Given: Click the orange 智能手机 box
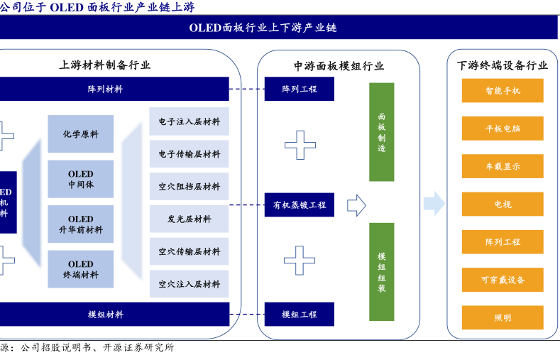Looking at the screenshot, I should [503, 91].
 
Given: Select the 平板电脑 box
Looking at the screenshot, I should [503, 129].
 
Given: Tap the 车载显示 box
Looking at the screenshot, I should [503, 166].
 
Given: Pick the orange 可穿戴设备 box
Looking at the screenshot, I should [503, 280].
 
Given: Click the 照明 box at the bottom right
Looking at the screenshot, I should [503, 317].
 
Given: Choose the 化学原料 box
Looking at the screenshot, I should [80, 133].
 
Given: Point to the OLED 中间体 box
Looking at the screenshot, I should [80, 179].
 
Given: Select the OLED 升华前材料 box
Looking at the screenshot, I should [80, 224].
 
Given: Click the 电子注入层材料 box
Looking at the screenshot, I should [189, 121].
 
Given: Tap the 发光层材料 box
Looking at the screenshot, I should [189, 219].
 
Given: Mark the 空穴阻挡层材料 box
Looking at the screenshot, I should [189, 187].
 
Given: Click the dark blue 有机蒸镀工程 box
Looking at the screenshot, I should [299, 204].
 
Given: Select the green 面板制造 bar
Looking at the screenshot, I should [381, 132].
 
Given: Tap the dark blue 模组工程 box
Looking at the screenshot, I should [299, 314].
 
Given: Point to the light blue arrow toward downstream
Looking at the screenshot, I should [434, 204].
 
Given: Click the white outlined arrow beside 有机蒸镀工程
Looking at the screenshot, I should [356, 205].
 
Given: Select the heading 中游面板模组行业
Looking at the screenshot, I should [339, 66].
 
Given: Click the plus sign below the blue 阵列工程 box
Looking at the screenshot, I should [300, 145].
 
